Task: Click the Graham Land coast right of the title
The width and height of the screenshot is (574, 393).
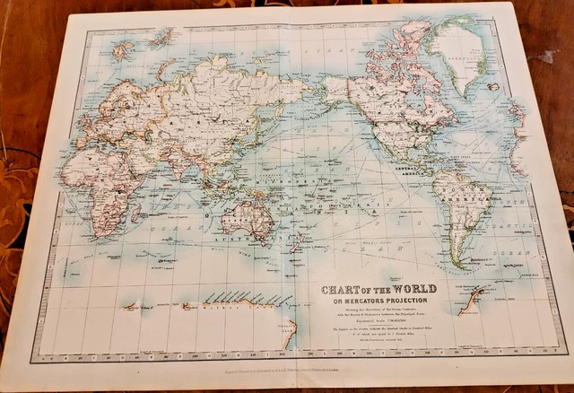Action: [x=470, y=301]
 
